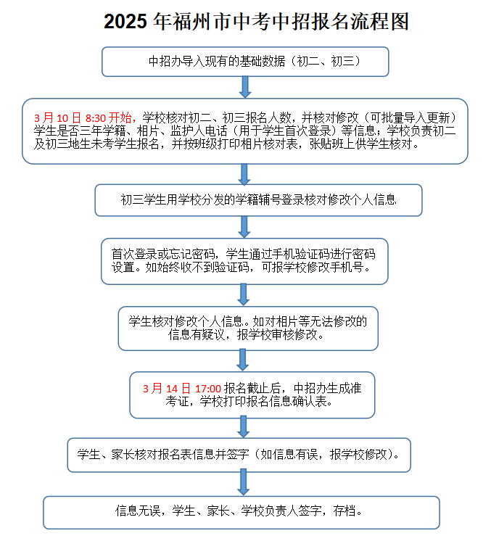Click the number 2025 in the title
click(x=125, y=21)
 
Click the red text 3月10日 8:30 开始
click(x=83, y=118)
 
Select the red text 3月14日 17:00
click(x=182, y=389)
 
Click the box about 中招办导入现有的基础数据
click(x=245, y=62)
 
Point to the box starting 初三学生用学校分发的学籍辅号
click(x=258, y=200)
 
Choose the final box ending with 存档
click(x=242, y=513)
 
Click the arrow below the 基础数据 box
click(x=245, y=87)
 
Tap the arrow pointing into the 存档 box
click(x=243, y=482)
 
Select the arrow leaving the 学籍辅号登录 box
click(x=244, y=227)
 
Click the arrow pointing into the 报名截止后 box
click(x=242, y=360)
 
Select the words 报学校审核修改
click(x=277, y=334)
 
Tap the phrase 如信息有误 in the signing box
click(x=289, y=455)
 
